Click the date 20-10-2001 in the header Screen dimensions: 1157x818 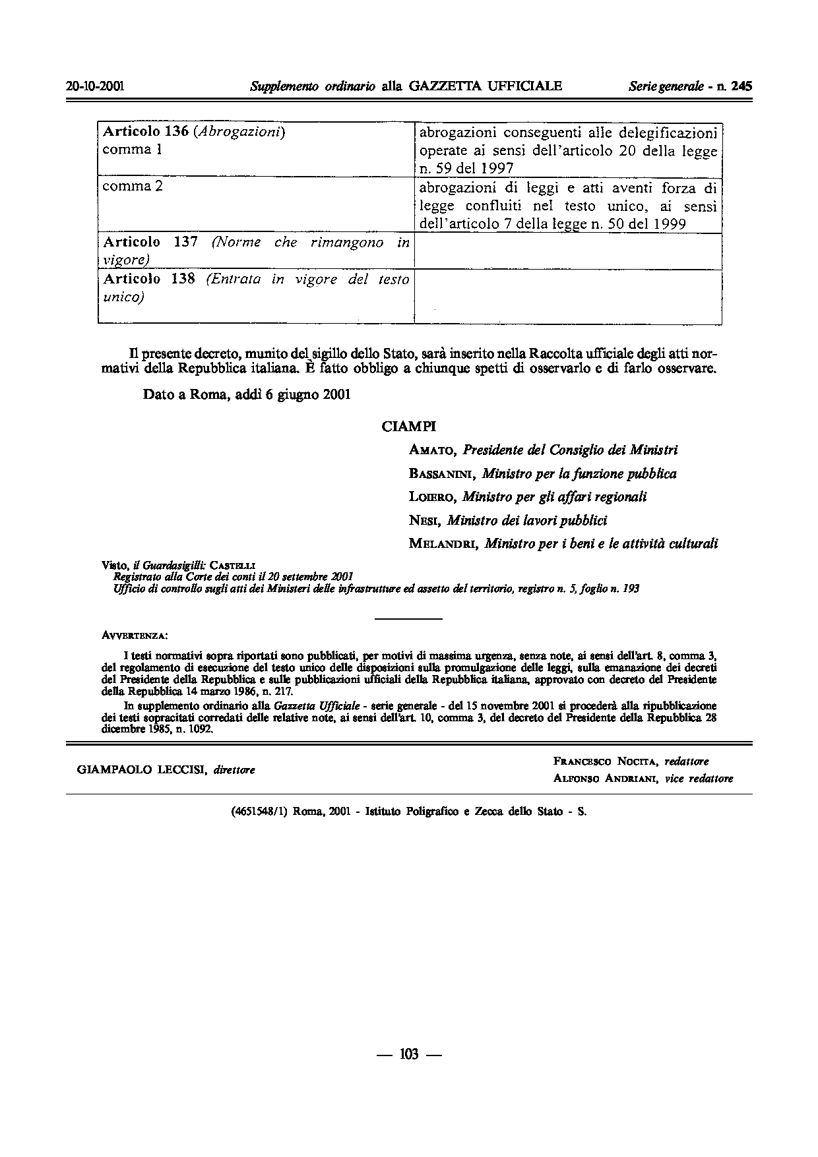click(x=96, y=86)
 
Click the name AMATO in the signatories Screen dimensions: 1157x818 click(x=433, y=450)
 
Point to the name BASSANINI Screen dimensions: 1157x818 click(x=443, y=474)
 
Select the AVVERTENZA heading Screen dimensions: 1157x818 click(x=135, y=636)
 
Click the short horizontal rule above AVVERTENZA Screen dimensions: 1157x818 click(x=408, y=619)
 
